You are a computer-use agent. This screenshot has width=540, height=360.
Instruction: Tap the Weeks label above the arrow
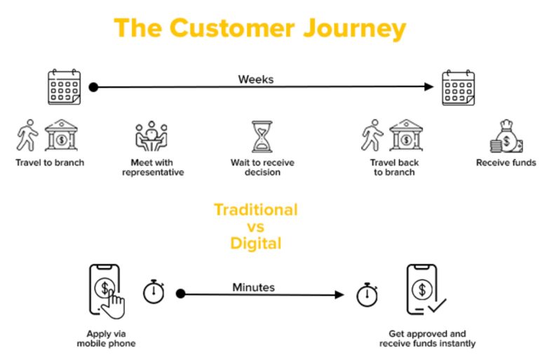[256, 79]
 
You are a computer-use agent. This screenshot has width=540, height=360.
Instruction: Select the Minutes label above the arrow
[253, 287]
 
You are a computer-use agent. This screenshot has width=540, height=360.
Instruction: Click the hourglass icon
[262, 136]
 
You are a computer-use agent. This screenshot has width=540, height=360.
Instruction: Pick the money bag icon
[506, 136]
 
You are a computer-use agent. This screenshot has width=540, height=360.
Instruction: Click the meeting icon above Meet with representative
[151, 136]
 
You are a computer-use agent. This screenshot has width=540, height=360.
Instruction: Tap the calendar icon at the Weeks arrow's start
[64, 87]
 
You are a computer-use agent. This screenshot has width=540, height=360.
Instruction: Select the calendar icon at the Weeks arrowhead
[459, 88]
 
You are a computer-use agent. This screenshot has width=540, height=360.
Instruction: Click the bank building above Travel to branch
[61, 135]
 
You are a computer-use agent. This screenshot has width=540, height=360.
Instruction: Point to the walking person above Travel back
[372, 135]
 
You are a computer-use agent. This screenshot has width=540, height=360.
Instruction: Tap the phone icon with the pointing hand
[107, 291]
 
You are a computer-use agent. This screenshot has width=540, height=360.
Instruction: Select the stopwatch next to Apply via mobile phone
[154, 291]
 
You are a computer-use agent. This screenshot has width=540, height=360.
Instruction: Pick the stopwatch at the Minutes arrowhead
[367, 295]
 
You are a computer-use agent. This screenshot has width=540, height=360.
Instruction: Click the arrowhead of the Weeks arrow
[428, 86]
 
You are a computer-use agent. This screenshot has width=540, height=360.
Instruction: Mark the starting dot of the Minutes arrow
[180, 293]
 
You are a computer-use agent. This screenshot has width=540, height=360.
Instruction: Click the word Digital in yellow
[256, 244]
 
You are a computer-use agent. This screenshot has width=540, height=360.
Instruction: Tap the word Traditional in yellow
[256, 210]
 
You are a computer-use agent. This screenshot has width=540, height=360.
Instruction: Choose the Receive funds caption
[506, 163]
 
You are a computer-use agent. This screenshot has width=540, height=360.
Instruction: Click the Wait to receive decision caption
[262, 168]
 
